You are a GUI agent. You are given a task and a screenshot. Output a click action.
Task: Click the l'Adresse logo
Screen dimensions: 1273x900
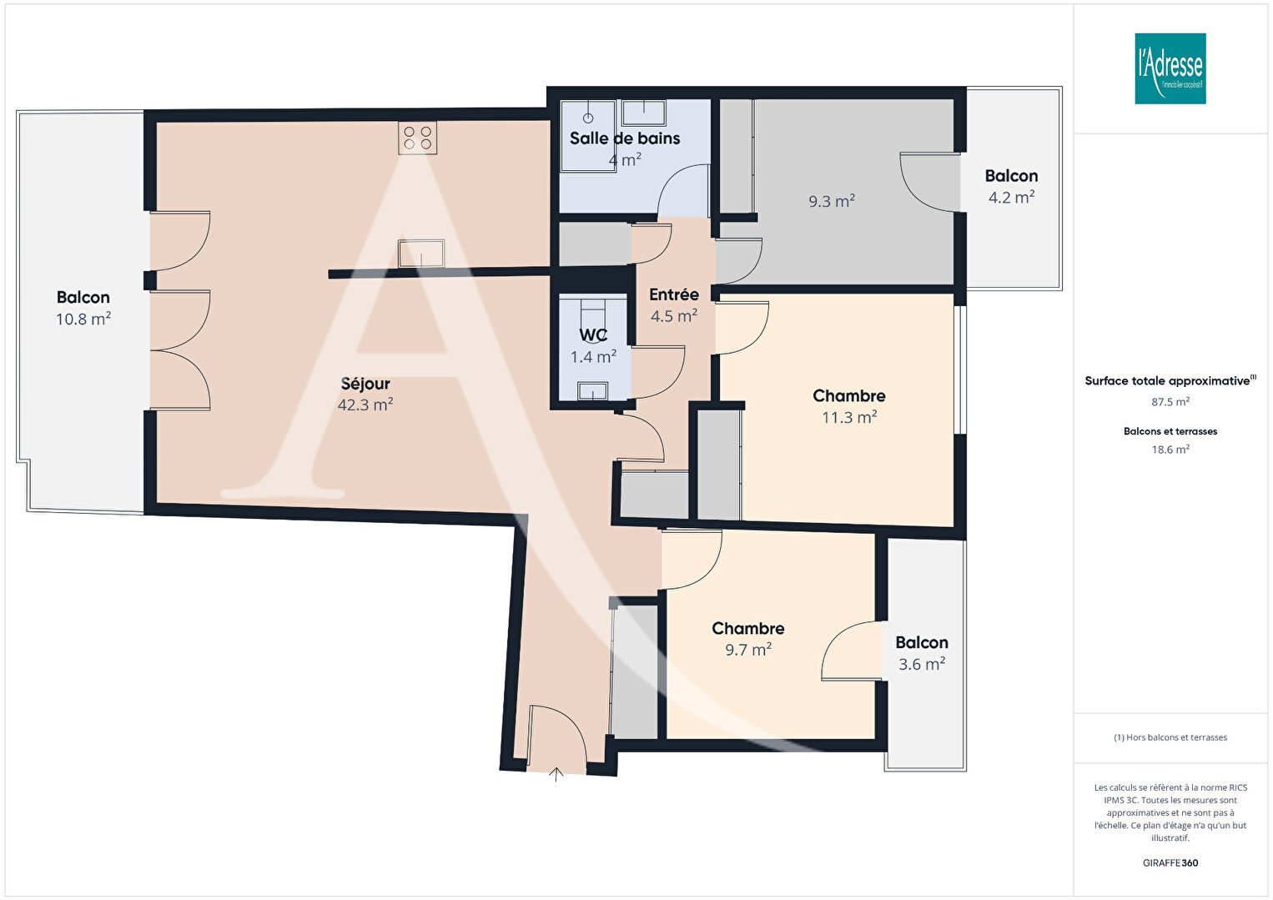coord(1170,68)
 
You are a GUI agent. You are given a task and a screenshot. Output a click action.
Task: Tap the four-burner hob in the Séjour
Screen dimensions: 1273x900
coord(418,138)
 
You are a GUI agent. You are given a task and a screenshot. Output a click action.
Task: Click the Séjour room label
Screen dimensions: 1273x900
coord(365,384)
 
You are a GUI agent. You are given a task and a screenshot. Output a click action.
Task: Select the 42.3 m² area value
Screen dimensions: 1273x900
coord(365,405)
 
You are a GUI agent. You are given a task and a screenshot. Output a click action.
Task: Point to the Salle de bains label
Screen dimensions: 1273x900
coord(625,138)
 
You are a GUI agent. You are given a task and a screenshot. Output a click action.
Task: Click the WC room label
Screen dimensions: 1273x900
coord(593,335)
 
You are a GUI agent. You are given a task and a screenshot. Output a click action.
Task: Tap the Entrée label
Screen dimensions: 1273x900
coord(674,294)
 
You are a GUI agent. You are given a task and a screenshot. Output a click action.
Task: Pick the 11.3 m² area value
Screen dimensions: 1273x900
coord(849,418)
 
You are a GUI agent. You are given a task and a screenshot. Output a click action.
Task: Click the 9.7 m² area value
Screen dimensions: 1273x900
coord(748,650)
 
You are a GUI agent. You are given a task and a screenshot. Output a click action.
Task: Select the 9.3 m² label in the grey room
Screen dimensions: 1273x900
coord(832,201)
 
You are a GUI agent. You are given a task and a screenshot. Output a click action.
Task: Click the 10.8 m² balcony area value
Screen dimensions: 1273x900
coord(83,319)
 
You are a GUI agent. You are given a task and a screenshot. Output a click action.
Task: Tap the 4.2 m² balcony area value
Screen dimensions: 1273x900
coord(1012,197)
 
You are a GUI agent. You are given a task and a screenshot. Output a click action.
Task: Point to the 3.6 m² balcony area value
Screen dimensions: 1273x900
coord(922,664)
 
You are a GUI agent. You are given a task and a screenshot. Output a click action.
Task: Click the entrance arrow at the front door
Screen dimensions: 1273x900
coord(556,774)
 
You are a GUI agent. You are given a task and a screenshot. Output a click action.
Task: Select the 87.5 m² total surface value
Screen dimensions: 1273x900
coord(1170,402)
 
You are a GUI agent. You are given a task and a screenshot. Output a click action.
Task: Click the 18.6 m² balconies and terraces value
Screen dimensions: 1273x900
coord(1170,450)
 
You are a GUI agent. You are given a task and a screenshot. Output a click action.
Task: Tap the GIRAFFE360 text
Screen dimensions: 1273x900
coord(1170,862)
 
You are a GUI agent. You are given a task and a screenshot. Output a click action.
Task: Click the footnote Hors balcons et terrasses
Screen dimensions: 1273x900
coord(1170,737)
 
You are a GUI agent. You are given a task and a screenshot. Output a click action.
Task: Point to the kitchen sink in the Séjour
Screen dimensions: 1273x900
coord(421,254)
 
